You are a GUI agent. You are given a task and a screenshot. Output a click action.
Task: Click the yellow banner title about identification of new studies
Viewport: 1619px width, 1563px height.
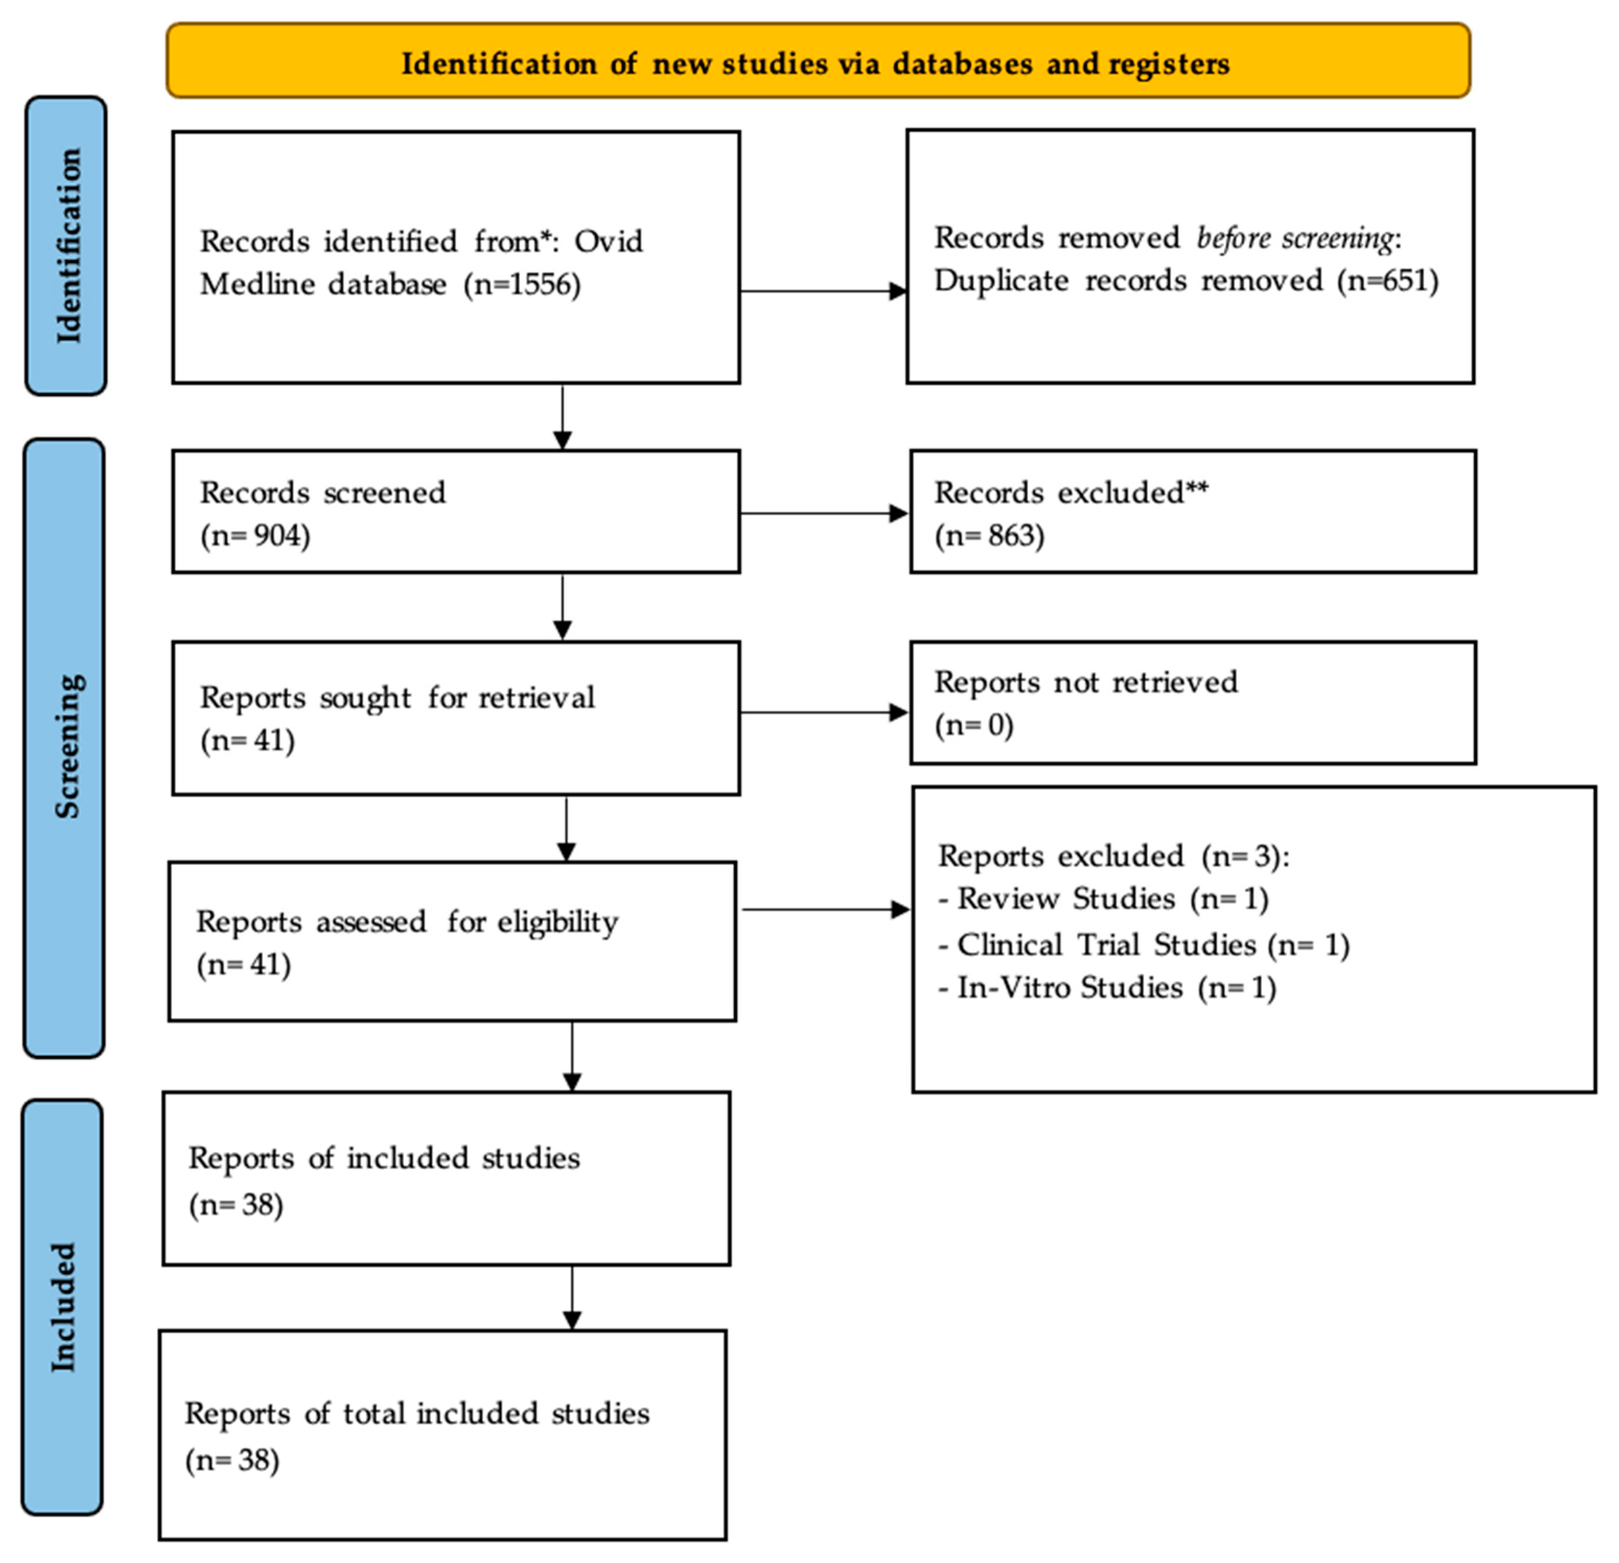(815, 64)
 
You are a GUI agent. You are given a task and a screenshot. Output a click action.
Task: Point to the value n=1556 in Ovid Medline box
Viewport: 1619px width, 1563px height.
(522, 285)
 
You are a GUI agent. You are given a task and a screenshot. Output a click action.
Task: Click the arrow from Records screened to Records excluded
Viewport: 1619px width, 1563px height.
(824, 513)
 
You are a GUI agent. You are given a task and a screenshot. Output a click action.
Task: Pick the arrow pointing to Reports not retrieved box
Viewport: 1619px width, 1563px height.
(824, 712)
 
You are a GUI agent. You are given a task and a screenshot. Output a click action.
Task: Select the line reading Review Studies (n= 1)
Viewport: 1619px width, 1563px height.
(1104, 899)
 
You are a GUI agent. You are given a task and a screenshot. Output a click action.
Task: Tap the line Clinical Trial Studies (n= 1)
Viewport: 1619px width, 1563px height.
(1144, 944)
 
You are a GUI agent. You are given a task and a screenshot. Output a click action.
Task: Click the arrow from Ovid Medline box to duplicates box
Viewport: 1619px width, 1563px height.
(824, 291)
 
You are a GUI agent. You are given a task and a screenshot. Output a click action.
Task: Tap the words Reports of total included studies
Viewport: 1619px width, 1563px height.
(417, 1414)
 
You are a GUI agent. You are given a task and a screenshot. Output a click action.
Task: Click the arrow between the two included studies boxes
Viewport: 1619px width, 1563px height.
(572, 1297)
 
